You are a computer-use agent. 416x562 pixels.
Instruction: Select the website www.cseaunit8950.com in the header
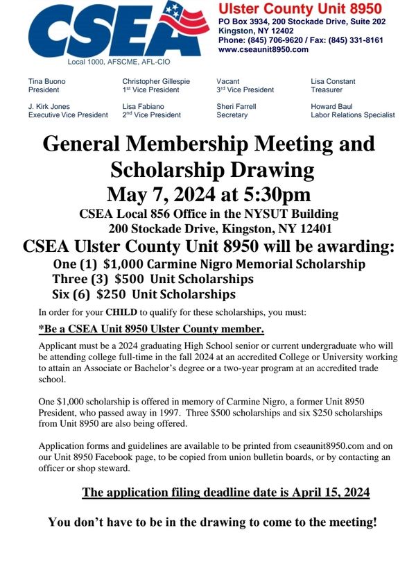click(263, 49)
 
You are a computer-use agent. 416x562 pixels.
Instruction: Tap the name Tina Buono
click(47, 81)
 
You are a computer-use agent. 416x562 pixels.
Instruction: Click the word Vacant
click(228, 81)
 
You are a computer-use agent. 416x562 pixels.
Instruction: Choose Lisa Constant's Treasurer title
click(327, 90)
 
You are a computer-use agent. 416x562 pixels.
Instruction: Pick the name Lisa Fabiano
click(144, 106)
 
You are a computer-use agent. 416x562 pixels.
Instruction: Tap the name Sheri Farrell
click(236, 106)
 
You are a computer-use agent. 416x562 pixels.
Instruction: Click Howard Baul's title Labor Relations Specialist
click(353, 115)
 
